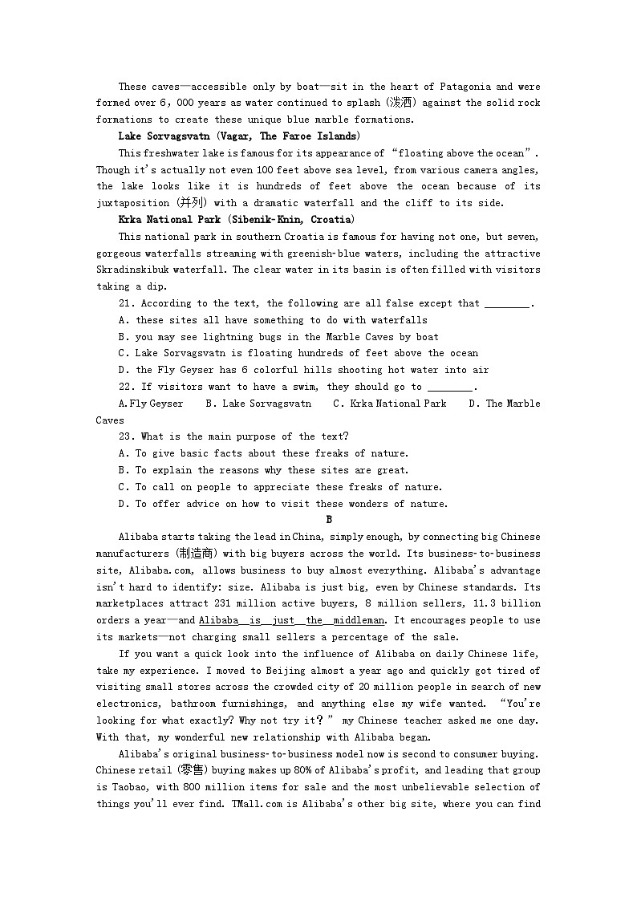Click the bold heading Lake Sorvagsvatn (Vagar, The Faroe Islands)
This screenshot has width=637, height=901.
239,136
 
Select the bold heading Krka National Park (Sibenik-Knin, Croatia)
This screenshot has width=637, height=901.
237,220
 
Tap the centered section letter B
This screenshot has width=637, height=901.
329,520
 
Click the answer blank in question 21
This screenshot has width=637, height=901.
508,304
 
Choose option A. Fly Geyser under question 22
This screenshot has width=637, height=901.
151,404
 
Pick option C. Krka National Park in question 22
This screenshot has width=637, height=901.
390,404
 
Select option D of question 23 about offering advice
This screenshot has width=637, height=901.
283,504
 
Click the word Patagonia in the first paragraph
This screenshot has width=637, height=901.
464,87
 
